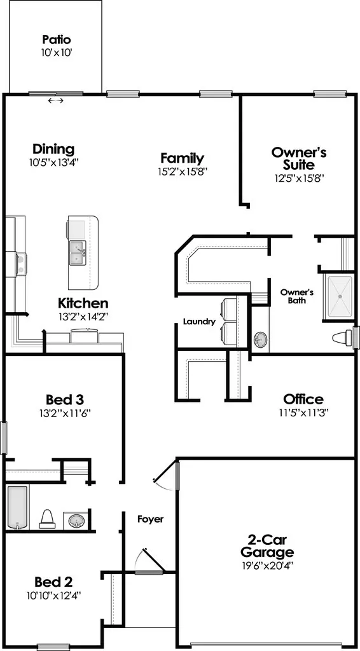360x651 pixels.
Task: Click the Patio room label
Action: [57, 40]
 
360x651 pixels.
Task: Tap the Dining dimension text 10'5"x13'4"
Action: [54, 162]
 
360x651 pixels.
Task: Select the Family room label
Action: [183, 158]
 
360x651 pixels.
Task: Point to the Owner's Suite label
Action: [299, 158]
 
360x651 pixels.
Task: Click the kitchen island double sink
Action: [77, 253]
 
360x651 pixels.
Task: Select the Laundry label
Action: [199, 321]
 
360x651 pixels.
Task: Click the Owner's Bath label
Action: [296, 296]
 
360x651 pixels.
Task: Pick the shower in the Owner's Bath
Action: [340, 298]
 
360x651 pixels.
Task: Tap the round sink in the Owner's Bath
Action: [260, 339]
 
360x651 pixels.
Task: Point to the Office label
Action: [303, 399]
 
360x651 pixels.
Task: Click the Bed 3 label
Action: [65, 399]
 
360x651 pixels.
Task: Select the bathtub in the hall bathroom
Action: [17, 507]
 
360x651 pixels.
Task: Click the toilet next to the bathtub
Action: [47, 519]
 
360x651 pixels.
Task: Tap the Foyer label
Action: [150, 519]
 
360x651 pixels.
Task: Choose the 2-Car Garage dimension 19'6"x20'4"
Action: [267, 565]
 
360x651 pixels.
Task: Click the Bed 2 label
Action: [54, 580]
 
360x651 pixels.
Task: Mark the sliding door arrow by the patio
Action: [55, 100]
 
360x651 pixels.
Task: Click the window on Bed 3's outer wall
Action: [4, 438]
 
